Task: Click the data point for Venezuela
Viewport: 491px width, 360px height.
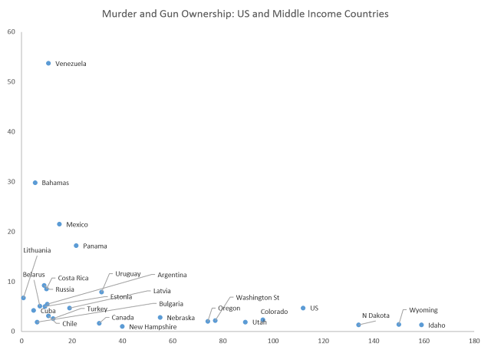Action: click(48, 63)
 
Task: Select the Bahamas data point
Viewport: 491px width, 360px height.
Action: click(35, 183)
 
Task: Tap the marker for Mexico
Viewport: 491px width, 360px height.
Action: click(59, 224)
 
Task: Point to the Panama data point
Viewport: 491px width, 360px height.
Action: click(76, 246)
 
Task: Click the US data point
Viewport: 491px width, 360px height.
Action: click(303, 308)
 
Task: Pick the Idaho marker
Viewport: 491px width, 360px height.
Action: click(421, 325)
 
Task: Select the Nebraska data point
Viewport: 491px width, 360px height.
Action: click(160, 317)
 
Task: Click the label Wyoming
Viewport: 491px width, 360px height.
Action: click(423, 310)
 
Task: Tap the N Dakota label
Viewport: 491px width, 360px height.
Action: click(375, 315)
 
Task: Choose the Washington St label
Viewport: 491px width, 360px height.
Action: click(257, 297)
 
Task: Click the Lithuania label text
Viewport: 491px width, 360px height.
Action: click(37, 250)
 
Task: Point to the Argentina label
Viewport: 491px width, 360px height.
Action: click(173, 274)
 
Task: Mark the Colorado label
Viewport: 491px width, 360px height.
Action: click(274, 311)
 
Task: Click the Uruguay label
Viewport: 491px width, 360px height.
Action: click(128, 273)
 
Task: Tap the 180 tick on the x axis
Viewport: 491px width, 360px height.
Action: click(473, 340)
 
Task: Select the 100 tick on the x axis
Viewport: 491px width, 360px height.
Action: click(272, 340)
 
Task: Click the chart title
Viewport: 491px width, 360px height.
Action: click(245, 15)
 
